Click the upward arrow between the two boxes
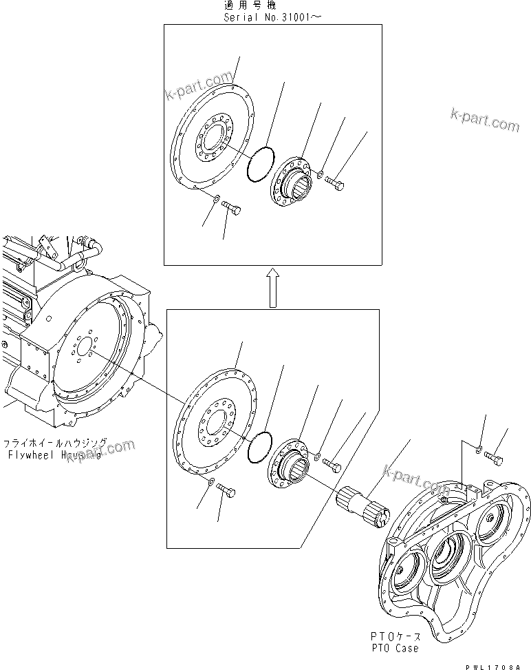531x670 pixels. point(272,287)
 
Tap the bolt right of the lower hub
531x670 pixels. point(332,466)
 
